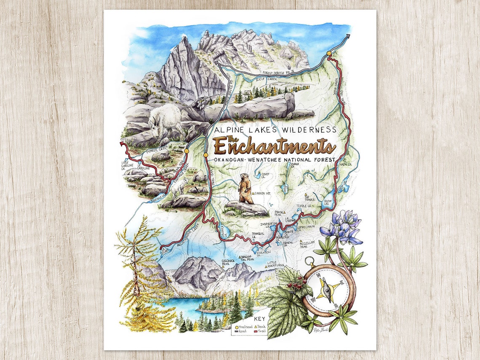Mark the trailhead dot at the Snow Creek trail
tap(328, 53)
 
